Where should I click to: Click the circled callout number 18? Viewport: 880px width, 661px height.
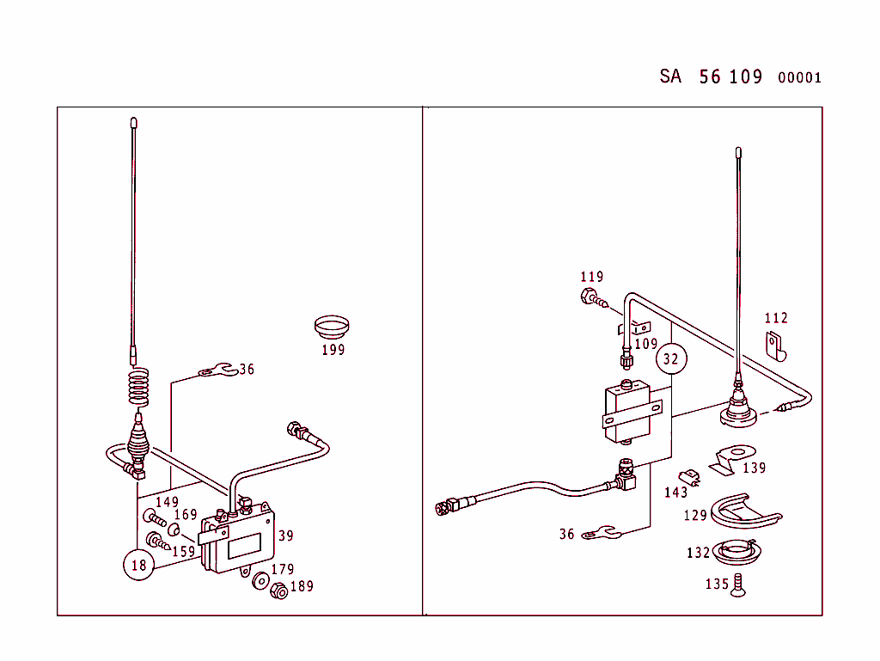[139, 565]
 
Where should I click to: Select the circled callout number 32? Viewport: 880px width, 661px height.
[670, 358]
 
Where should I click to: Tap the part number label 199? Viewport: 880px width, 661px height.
[333, 350]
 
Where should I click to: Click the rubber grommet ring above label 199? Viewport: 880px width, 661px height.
[331, 327]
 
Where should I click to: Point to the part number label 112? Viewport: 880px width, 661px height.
[776, 318]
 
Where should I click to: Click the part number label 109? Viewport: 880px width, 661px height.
[645, 344]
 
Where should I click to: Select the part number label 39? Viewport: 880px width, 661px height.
[285, 536]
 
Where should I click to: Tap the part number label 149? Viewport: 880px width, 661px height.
[167, 502]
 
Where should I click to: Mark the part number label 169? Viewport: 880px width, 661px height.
[186, 515]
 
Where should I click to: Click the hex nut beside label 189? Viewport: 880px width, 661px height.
[278, 593]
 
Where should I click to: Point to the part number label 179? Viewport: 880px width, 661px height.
[282, 569]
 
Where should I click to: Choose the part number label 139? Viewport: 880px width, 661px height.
[754, 468]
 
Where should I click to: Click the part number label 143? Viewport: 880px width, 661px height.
[676, 493]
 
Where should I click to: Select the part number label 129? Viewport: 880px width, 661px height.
[695, 516]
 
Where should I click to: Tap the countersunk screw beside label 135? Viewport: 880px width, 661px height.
[736, 585]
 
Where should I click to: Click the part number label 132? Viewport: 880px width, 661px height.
[698, 553]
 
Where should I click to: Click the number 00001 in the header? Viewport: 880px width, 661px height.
[799, 78]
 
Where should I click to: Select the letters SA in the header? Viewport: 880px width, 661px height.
[670, 77]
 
